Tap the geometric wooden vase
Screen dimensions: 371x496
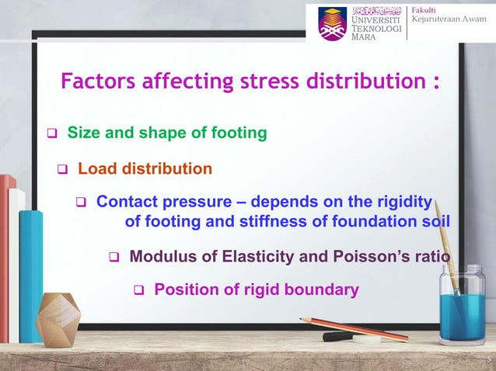59,318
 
